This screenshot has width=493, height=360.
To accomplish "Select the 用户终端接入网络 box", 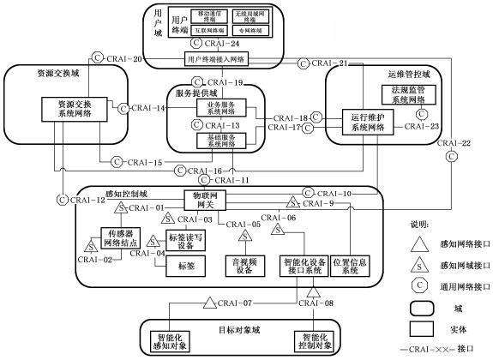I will coord(227,59).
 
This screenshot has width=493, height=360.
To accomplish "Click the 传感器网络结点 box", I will coord(118,238).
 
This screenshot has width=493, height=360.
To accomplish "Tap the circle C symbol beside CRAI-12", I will coord(62,200).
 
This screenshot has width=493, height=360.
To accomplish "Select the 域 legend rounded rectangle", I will coord(423,303).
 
